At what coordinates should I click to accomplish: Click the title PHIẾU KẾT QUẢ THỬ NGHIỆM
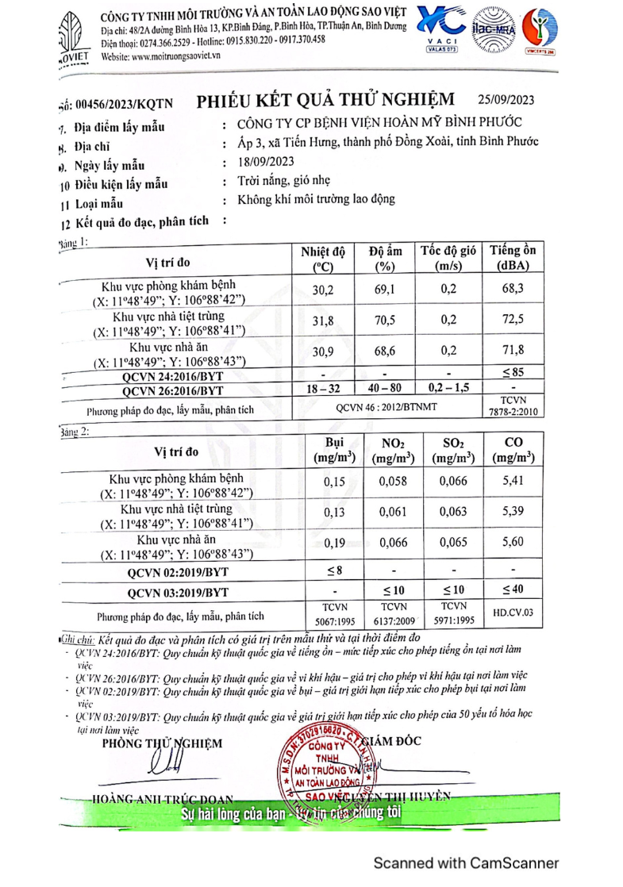point(325,100)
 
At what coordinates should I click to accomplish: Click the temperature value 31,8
point(322,321)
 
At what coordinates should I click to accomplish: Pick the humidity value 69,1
point(385,291)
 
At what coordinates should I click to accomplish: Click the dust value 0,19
point(336,543)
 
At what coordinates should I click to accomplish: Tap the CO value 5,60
point(512,543)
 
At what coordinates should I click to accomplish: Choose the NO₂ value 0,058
point(392,481)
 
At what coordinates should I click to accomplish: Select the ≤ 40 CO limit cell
point(512,591)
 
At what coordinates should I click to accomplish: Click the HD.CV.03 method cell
point(512,613)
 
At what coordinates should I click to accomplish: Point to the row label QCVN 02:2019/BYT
point(176,570)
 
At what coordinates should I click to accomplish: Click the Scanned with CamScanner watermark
point(466,862)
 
